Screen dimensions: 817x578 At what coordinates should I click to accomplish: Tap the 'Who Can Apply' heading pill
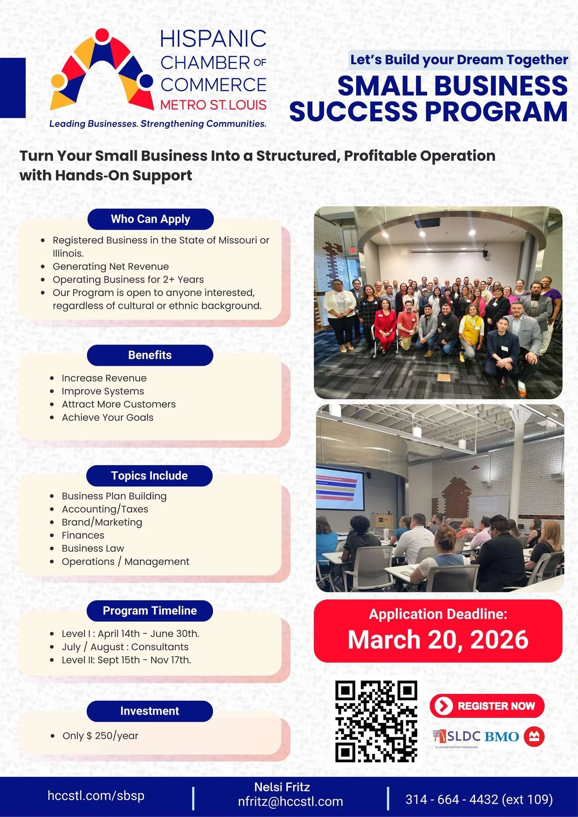pos(150,219)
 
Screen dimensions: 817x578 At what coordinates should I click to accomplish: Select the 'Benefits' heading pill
pos(150,355)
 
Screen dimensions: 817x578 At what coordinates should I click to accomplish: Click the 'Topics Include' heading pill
pos(149,476)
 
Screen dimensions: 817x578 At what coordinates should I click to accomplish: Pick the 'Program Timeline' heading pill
pos(150,610)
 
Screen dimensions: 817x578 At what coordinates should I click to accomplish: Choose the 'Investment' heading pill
pos(150,711)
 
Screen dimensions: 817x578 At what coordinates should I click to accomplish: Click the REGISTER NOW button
pos(487,706)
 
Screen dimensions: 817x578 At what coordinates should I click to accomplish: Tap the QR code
pos(376,721)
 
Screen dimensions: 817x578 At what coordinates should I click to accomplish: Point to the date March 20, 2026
pos(438,639)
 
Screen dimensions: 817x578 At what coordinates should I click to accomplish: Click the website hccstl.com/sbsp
pos(96,796)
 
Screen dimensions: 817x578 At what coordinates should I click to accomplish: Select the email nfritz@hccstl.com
pos(290,801)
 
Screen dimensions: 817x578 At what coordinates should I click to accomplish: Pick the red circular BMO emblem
pos(534,736)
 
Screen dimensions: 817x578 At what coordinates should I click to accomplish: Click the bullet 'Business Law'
pos(93,548)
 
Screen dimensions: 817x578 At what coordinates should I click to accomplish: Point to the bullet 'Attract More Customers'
pos(118,404)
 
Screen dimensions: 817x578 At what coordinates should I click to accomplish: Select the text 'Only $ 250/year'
pos(100,736)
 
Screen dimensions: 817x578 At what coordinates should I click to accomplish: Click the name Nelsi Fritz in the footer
pos(282,787)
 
